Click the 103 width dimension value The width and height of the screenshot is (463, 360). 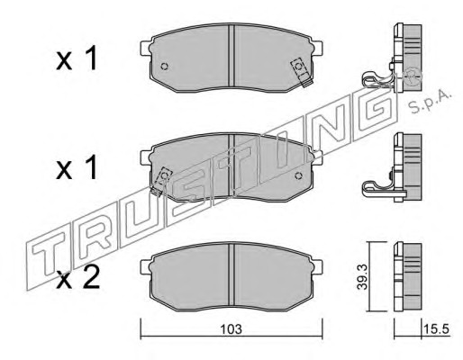click(x=231, y=329)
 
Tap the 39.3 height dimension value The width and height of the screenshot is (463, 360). click(x=362, y=277)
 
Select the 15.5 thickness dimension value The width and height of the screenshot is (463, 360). click(x=437, y=329)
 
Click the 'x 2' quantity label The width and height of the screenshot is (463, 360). click(x=78, y=278)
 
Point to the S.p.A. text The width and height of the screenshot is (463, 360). click(x=431, y=102)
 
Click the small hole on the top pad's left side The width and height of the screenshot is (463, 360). click(x=164, y=67)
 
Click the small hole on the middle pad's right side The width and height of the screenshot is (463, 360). click(x=298, y=175)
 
